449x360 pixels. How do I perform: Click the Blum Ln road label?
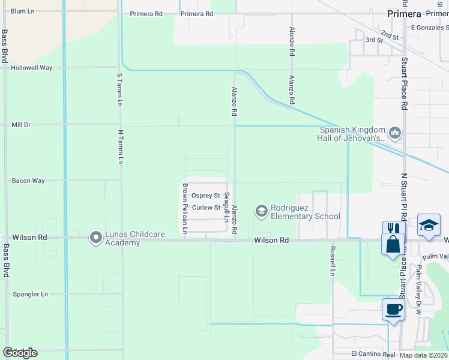[x=22, y=11]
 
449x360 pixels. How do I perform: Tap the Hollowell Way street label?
[x=31, y=68]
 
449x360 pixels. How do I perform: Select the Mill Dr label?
[x=21, y=125]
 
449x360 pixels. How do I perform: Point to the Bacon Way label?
[x=28, y=181]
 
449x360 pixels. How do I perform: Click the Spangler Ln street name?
[x=30, y=295]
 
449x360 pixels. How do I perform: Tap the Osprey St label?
[x=205, y=196]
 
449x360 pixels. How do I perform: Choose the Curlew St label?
[x=206, y=208]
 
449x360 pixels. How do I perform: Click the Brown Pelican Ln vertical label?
[x=185, y=208]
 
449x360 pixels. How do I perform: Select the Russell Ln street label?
[x=332, y=260]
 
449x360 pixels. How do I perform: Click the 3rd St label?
[x=374, y=40]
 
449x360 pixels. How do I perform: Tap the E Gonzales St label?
[x=429, y=27]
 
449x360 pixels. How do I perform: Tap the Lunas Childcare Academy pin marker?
[x=95, y=238]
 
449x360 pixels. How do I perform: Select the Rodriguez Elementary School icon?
[x=261, y=211]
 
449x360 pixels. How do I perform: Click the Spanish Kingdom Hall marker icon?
[x=395, y=132]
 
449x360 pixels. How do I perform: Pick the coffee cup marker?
[x=393, y=310]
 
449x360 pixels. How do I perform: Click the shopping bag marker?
[x=393, y=244]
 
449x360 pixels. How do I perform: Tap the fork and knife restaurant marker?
[x=393, y=229]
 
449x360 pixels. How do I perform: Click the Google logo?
[x=20, y=352]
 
